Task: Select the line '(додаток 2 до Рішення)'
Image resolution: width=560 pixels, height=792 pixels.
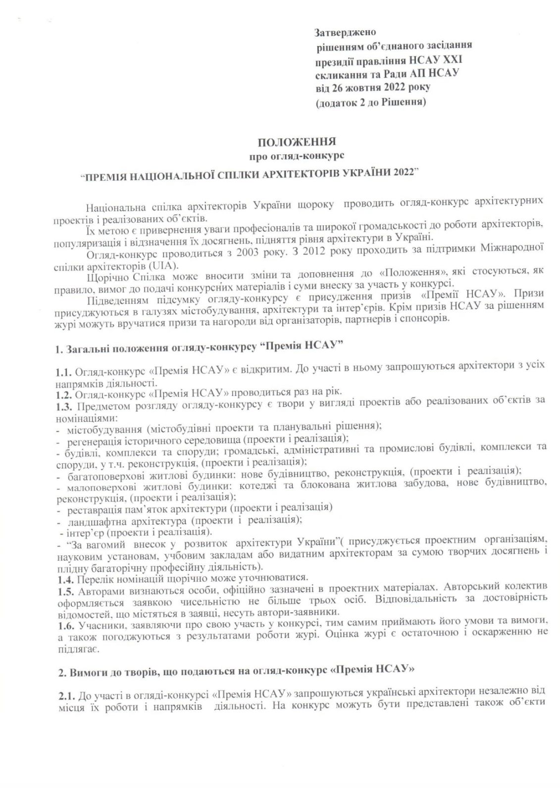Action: pyautogui.click(x=371, y=103)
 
